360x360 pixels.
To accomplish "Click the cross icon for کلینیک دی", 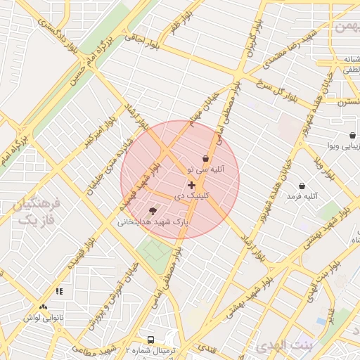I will [x=191, y=185].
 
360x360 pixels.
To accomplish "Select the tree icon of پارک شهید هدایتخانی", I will [x=153, y=210].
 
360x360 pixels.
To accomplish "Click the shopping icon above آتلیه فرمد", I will [x=302, y=186].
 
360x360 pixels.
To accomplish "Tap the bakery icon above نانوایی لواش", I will [x=44, y=307].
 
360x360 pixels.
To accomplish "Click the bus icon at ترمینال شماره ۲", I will [x=150, y=339].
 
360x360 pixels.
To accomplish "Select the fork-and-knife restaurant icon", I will [x=59, y=290].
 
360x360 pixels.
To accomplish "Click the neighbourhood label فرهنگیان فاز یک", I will [x=36, y=212].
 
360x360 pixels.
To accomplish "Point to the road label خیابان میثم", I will [x=204, y=113].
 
